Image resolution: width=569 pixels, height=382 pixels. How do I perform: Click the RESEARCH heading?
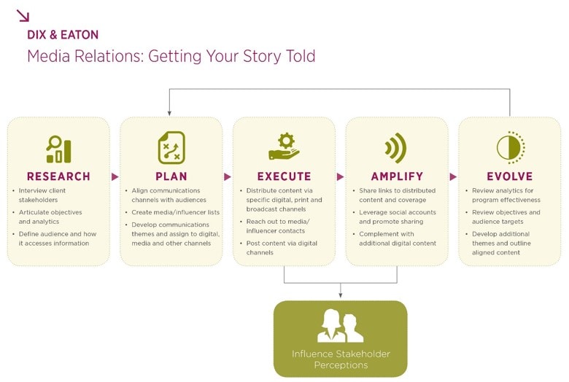58,176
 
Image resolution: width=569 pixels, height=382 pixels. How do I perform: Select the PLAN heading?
171,176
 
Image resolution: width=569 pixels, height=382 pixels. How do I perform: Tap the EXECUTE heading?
284,176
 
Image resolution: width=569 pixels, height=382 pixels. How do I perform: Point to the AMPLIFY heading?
397,176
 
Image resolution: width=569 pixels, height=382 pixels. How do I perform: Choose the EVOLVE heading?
510,176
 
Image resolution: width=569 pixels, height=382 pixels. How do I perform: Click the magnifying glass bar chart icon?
59,149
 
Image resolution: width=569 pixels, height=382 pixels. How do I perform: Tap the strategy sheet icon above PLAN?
171,148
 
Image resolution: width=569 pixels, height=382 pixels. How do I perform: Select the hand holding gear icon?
284,147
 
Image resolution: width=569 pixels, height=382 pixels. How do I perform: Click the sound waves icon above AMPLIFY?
396,148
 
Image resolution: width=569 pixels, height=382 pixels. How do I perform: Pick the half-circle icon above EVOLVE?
511,148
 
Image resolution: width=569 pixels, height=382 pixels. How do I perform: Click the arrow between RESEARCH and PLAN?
115,176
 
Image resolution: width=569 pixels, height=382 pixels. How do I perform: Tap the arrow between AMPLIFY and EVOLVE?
453,176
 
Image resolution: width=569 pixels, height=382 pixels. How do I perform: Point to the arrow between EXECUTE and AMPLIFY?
340,176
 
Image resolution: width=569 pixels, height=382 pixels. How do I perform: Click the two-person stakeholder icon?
340,325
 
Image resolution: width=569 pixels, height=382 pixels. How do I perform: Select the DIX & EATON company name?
63,35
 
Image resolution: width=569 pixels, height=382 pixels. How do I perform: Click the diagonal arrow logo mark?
23,15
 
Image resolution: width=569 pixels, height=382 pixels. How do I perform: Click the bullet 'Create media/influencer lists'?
176,212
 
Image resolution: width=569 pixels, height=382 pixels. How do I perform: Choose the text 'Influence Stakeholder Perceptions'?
341,359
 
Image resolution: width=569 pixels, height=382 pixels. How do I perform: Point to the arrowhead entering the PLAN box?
169,114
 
